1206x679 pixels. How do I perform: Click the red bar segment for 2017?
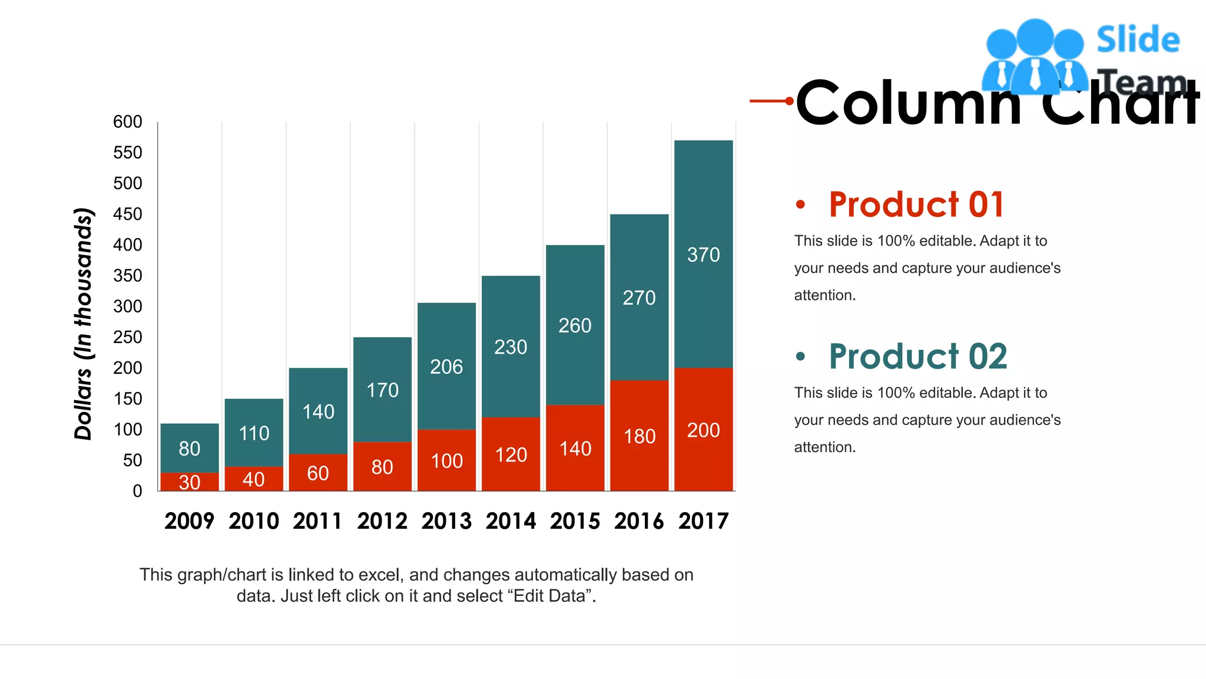click(703, 460)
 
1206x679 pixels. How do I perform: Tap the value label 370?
click(703, 255)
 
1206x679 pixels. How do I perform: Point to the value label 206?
click(446, 367)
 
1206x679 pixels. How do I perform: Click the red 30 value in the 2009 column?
click(190, 482)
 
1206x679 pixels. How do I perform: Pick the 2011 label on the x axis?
click(317, 521)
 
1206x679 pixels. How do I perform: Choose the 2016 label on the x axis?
click(639, 521)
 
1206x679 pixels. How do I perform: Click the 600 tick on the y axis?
click(127, 122)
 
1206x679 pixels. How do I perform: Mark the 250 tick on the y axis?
click(127, 337)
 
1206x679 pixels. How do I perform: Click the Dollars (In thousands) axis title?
click(84, 324)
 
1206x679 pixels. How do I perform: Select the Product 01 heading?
click(916, 205)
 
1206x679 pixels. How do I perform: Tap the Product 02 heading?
click(917, 357)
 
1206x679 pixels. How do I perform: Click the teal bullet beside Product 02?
click(800, 357)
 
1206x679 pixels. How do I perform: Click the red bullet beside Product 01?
click(800, 205)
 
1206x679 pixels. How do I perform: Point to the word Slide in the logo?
click(1138, 40)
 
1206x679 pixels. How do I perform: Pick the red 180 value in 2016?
click(640, 436)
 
